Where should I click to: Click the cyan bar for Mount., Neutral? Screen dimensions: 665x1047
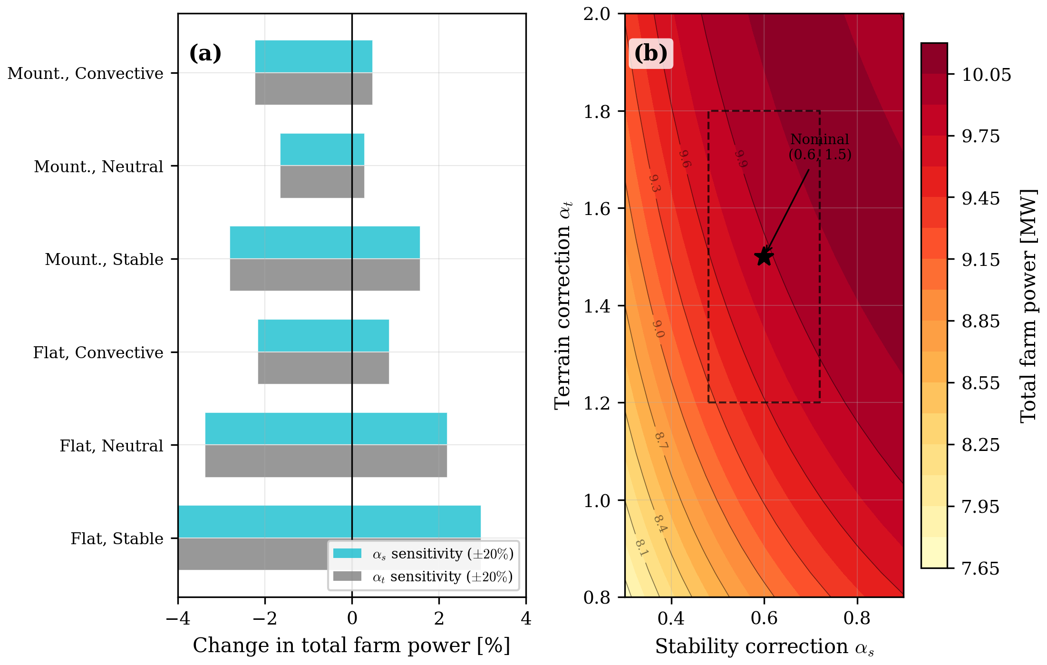[x=322, y=149]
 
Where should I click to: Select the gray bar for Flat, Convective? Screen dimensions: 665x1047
[x=323, y=368]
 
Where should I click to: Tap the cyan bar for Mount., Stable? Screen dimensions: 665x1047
[x=325, y=243]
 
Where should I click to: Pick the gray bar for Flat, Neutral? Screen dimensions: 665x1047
[x=326, y=461]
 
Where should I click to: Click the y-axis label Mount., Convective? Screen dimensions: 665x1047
[x=86, y=73]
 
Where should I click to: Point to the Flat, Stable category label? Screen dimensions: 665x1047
[x=117, y=538]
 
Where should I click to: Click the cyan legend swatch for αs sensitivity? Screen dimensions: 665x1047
[x=347, y=554]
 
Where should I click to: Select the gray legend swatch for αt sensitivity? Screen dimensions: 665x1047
[x=347, y=577]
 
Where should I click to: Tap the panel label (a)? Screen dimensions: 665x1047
[x=205, y=53]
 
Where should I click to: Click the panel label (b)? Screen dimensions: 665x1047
[x=650, y=53]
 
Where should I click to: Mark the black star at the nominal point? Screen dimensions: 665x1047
[x=764, y=257]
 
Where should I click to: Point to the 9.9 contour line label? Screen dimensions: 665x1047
[x=741, y=159]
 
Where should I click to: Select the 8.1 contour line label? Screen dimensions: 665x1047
[x=641, y=548]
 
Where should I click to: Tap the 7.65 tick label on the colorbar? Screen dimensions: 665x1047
[x=980, y=568]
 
